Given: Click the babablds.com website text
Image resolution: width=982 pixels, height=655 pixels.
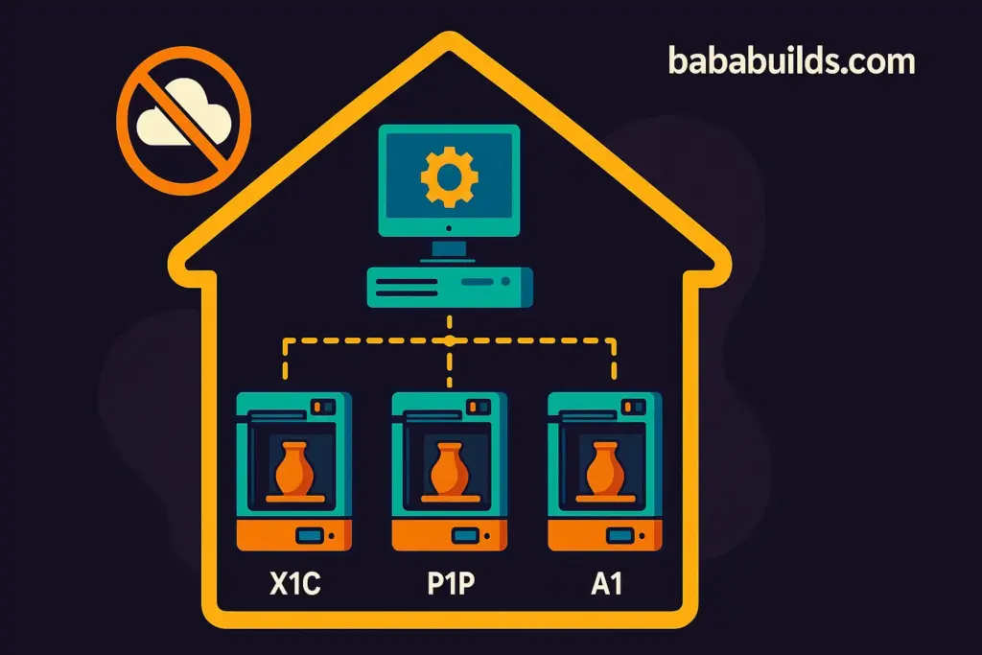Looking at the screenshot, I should click(791, 62).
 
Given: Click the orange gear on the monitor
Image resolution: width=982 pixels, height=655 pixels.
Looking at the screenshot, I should click(449, 174).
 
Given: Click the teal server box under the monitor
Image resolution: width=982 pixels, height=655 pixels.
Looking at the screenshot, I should click(449, 286).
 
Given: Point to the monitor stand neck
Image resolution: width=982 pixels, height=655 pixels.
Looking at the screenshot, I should click(449, 248).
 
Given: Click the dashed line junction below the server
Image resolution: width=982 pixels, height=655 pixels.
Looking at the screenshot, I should click(449, 340).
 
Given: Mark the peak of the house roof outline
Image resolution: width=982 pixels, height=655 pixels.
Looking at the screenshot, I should click(447, 41).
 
